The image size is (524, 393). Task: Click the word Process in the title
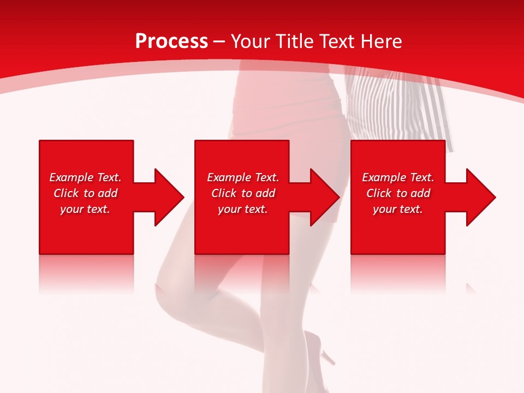point(171,41)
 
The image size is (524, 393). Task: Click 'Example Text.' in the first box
point(85,177)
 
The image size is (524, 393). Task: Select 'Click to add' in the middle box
point(243,193)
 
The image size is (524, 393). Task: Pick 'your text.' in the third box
point(398,209)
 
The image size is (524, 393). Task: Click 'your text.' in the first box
point(85,209)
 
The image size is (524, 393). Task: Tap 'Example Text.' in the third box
point(398,177)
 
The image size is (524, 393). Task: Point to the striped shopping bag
point(398,104)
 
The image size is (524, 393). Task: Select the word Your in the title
point(250,41)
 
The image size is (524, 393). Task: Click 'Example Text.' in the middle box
point(243,177)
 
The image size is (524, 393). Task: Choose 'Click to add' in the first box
point(85,193)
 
